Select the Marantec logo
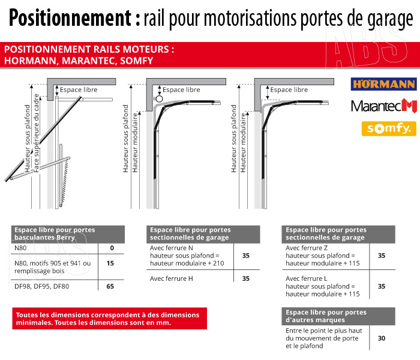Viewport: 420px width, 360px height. click(383, 106)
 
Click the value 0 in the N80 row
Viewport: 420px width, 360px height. click(112, 248)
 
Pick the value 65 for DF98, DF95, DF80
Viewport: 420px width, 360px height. click(110, 287)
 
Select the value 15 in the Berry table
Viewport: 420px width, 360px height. click(110, 263)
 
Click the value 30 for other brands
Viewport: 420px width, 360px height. click(382, 338)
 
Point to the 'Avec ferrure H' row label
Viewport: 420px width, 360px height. click(172, 278)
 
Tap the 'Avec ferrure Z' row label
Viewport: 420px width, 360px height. click(307, 248)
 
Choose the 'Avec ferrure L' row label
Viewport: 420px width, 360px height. click(307, 278)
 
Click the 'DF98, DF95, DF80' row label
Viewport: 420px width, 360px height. click(42, 287)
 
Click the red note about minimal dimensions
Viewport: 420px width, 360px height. click(109, 319)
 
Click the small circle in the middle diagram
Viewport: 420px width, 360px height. click(159, 98)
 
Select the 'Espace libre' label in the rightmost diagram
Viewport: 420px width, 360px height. click(289, 90)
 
